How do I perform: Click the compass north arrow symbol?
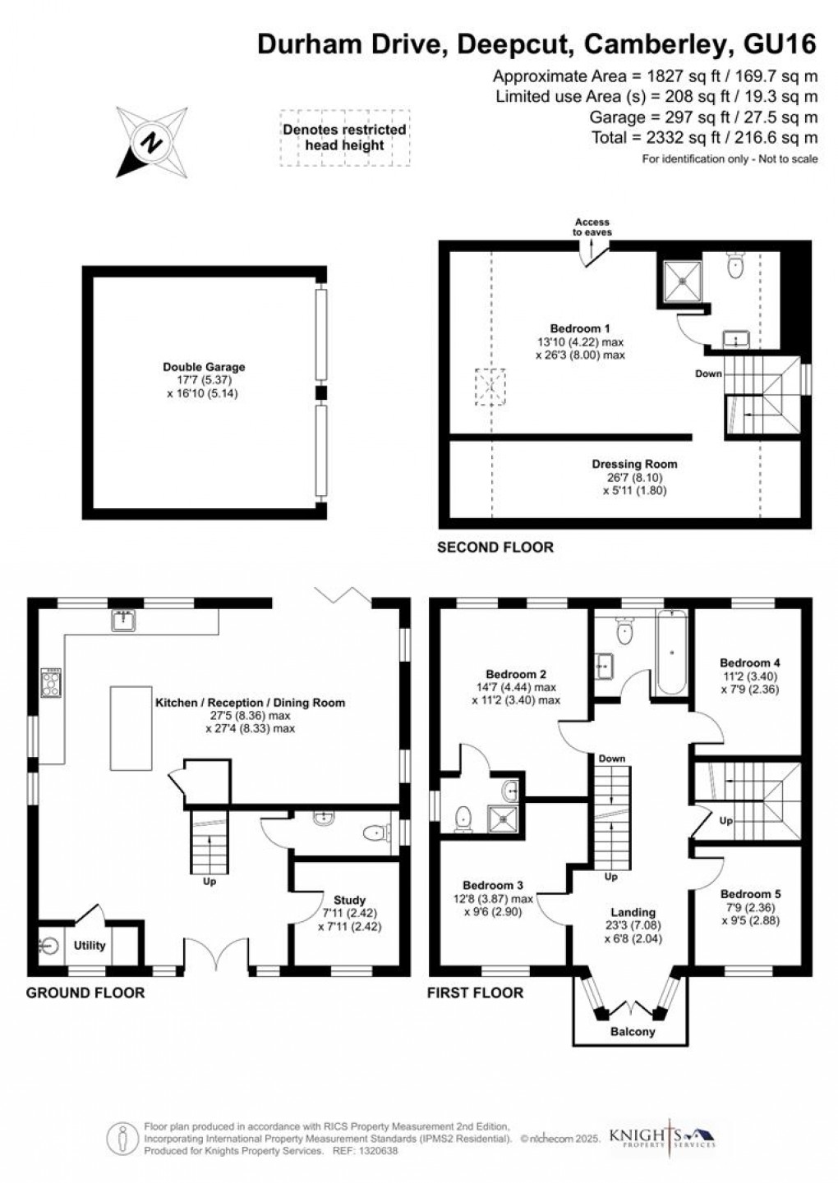(151, 141)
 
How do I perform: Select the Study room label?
(349, 900)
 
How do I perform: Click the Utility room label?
(90, 945)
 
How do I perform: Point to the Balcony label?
(633, 1031)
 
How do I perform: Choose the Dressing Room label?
(634, 464)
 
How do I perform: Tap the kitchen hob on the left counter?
(51, 682)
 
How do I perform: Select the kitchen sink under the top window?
(125, 621)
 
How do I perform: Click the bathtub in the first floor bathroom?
(671, 653)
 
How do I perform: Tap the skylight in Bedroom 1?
(490, 385)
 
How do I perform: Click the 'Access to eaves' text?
(592, 227)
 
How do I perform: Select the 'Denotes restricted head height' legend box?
(344, 138)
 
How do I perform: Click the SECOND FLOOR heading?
(495, 547)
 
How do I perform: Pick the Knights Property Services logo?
(661, 1137)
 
